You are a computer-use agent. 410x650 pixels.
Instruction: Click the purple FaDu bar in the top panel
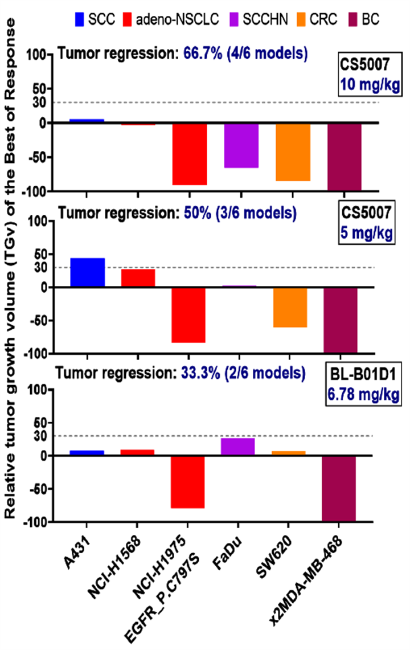[x=241, y=145]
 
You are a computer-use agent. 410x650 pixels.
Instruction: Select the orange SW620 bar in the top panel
[x=293, y=152]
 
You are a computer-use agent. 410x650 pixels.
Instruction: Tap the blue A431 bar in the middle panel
[x=87, y=273]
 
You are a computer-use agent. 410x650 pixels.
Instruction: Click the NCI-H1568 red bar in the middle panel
[x=138, y=278]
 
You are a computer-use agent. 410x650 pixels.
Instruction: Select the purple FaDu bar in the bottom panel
[x=237, y=447]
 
